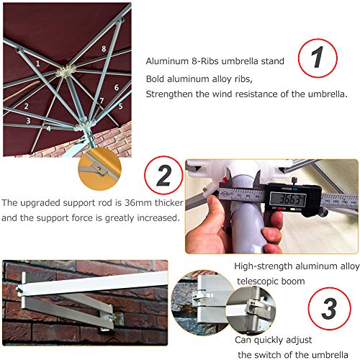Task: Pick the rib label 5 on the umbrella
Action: click(x=120, y=106)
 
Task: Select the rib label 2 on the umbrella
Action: click(x=26, y=107)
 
